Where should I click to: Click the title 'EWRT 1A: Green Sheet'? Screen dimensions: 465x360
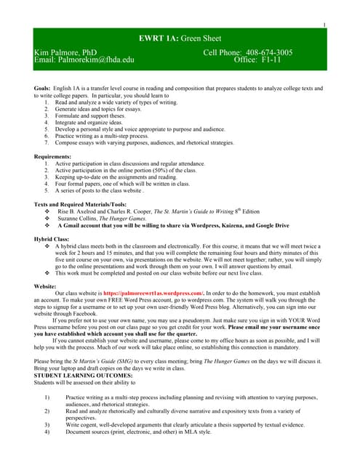tap(180, 38)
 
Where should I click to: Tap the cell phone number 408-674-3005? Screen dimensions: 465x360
tap(266, 52)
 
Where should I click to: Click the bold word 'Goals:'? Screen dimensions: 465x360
tap(42, 88)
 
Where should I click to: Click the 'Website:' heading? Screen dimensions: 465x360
tap(46, 286)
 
